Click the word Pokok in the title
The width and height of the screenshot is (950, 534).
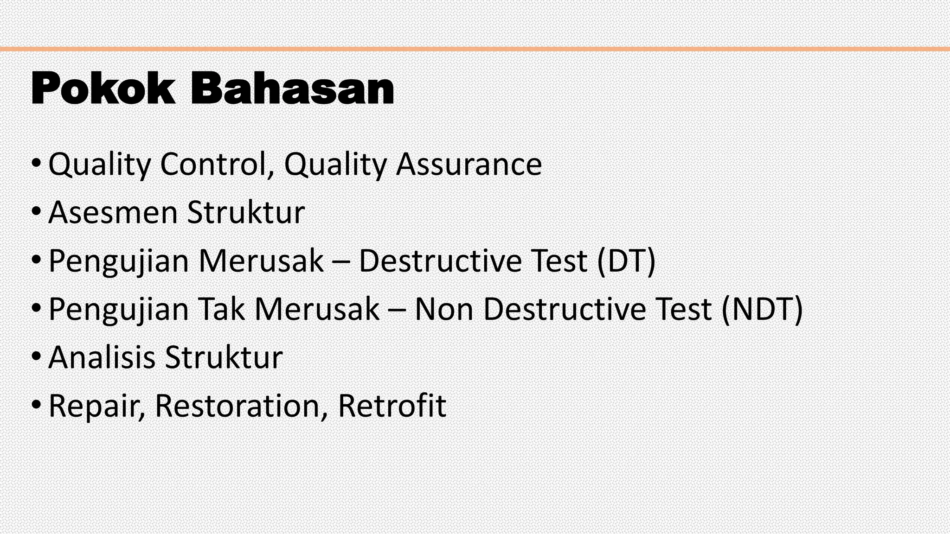[x=103, y=89]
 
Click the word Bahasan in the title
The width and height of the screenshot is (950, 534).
[x=292, y=89]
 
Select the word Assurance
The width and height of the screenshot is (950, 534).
[x=469, y=165]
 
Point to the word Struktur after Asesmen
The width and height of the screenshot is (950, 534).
[x=246, y=213]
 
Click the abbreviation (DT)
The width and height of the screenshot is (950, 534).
[x=626, y=261]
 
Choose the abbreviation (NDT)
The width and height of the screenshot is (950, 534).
[x=762, y=309]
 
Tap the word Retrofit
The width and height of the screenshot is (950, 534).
[x=392, y=406]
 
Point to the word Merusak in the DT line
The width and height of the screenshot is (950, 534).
[x=261, y=261]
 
